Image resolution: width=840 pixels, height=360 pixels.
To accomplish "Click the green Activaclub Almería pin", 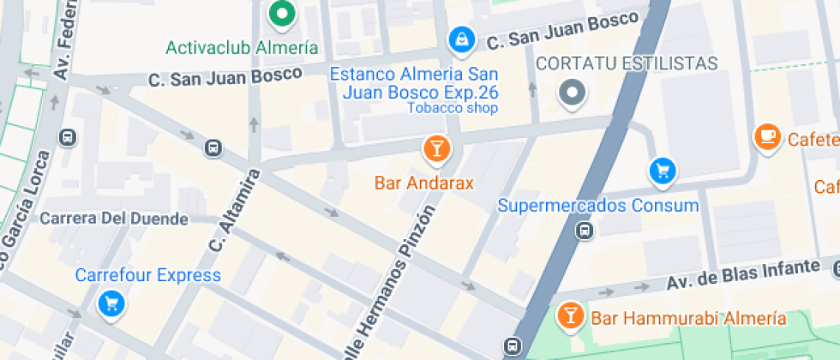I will [x=280, y=14].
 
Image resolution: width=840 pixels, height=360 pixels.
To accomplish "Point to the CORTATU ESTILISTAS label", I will [x=626, y=64].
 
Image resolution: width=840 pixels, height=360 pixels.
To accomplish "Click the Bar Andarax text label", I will [x=424, y=183].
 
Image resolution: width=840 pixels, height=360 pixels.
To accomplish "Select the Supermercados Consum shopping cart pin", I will [x=662, y=171].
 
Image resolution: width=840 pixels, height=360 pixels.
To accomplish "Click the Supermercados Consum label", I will [x=598, y=206].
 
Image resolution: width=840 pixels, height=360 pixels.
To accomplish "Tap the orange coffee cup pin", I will [x=767, y=136].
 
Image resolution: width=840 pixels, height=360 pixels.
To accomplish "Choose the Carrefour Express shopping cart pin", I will [x=111, y=303].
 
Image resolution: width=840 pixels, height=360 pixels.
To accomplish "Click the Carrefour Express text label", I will [x=148, y=275].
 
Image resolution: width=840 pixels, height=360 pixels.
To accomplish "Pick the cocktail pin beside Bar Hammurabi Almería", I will [x=568, y=314].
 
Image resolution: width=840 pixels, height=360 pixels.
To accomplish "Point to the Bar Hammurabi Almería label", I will [x=688, y=319].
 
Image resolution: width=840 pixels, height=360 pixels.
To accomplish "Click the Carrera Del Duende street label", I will [x=114, y=219].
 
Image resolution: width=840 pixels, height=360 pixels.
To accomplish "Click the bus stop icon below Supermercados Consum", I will [x=585, y=230].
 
